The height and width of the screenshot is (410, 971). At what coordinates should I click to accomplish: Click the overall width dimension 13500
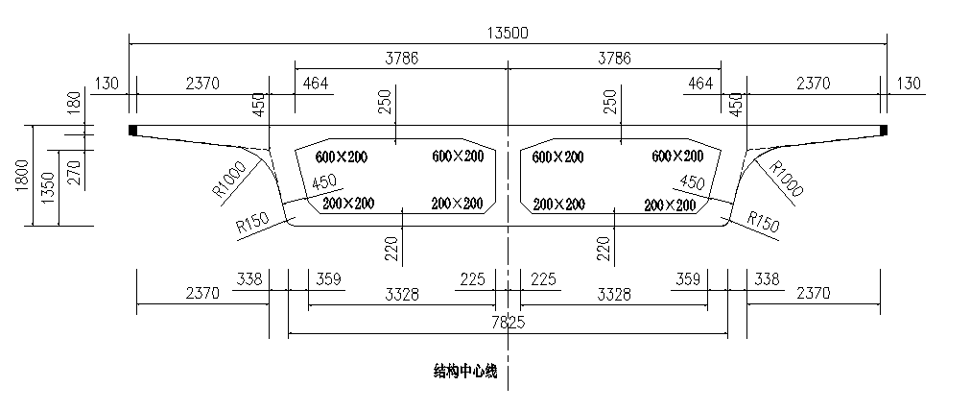pyautogui.click(x=508, y=33)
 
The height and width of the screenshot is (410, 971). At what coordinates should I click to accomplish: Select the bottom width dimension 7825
pyautogui.click(x=508, y=322)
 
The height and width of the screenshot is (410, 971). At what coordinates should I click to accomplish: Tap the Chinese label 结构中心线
pyautogui.click(x=465, y=372)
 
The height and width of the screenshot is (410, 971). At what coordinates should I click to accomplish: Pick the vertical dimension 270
pyautogui.click(x=74, y=174)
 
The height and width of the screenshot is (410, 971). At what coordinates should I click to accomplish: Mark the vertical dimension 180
pyautogui.click(x=74, y=103)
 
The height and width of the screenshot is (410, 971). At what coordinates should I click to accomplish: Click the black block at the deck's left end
pyautogui.click(x=132, y=130)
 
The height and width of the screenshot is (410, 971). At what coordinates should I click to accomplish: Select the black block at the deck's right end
pyautogui.click(x=884, y=130)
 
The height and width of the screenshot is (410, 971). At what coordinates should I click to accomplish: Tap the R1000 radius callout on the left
pyautogui.click(x=229, y=179)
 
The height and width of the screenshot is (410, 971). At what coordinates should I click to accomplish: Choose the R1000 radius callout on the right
pyautogui.click(x=786, y=179)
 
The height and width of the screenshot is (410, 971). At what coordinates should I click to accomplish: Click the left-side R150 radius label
pyautogui.click(x=252, y=223)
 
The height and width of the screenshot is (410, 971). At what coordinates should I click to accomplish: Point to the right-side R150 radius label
pyautogui.click(x=763, y=223)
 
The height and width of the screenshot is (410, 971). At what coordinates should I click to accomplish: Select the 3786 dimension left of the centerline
pyautogui.click(x=402, y=59)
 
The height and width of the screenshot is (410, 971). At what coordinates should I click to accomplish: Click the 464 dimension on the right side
pyautogui.click(x=700, y=84)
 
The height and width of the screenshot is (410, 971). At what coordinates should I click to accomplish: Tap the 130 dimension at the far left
pyautogui.click(x=107, y=84)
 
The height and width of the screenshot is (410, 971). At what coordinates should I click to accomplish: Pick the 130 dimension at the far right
pyautogui.click(x=909, y=84)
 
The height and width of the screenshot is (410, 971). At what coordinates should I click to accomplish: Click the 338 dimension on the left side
pyautogui.click(x=249, y=279)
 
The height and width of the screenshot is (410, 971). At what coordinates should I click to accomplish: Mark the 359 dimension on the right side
pyautogui.click(x=687, y=279)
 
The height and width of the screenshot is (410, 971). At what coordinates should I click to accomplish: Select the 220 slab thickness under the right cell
pyautogui.click(x=604, y=249)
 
